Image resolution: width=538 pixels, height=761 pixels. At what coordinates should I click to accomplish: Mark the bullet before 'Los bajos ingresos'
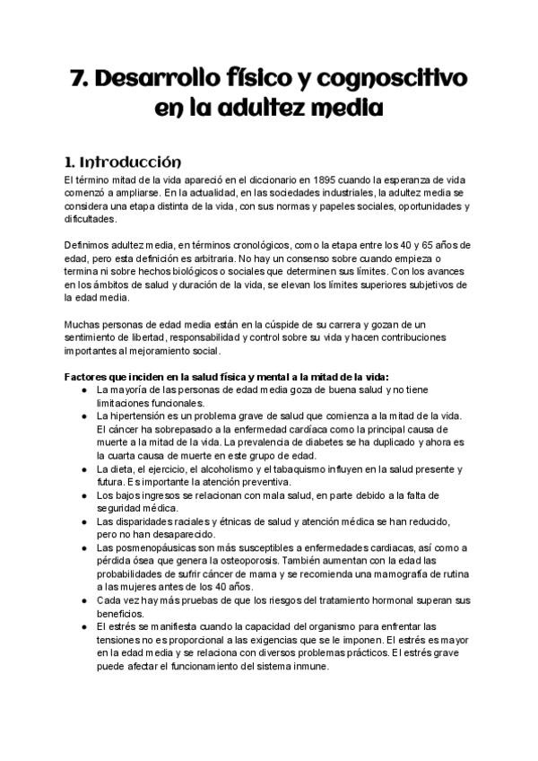click(x=83, y=495)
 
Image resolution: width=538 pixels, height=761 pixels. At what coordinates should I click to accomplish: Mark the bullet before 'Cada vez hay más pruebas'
click(x=83, y=600)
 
